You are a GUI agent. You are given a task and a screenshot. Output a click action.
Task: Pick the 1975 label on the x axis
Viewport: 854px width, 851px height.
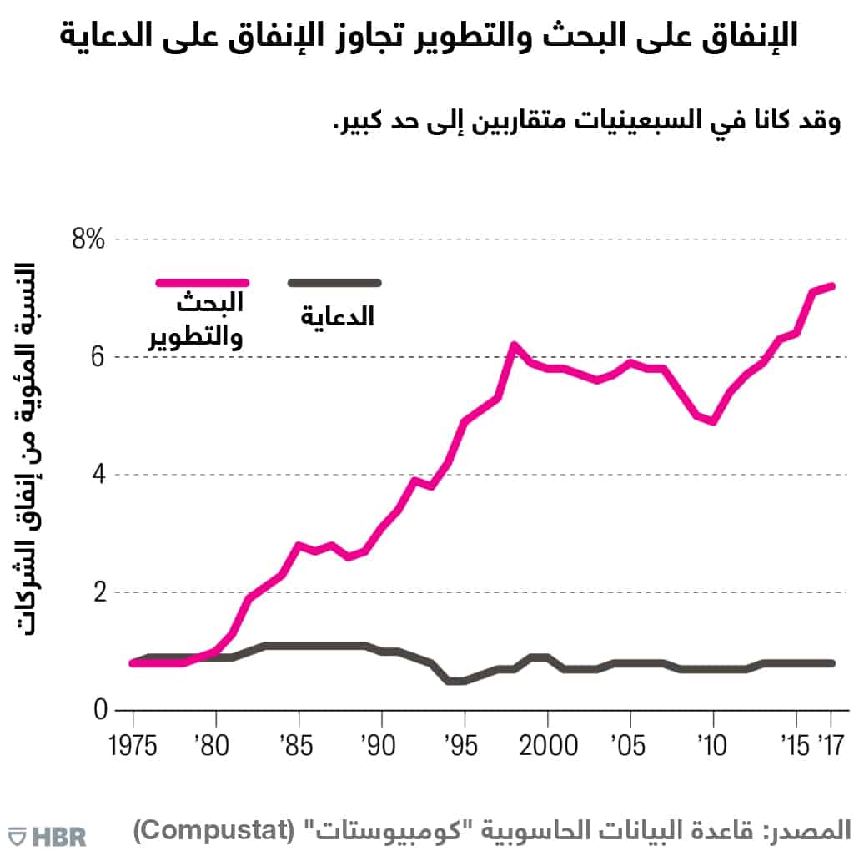[x=133, y=744]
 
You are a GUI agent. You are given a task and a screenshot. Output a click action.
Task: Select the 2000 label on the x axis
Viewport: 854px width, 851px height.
[x=547, y=744]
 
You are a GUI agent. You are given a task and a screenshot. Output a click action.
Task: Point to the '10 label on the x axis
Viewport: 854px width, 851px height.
[x=711, y=744]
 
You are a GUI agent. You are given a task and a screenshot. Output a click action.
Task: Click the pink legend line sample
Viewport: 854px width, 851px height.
[x=203, y=283]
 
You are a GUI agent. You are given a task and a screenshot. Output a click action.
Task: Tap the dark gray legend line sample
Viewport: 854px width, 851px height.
[x=334, y=283]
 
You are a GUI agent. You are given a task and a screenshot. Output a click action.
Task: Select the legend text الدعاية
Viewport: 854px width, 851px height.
[x=337, y=316]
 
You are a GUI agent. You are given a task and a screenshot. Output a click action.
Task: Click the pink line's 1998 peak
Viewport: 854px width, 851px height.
[x=514, y=345]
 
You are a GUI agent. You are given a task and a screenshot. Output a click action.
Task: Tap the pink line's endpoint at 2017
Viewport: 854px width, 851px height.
[x=831, y=286]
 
